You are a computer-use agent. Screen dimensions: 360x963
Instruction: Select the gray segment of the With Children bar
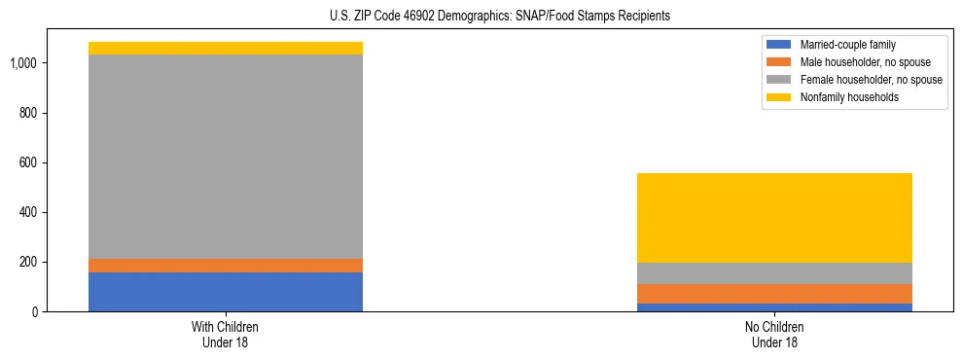click(226, 157)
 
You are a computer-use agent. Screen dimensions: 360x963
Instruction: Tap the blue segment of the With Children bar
click(226, 292)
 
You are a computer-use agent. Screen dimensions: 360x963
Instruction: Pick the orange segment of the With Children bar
click(226, 266)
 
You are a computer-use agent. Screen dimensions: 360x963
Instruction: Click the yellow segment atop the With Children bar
click(226, 48)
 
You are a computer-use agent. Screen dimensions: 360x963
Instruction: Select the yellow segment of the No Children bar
click(774, 218)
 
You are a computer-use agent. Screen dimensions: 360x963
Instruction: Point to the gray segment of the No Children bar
click(774, 273)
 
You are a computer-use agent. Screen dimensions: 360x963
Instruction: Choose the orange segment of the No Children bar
click(774, 294)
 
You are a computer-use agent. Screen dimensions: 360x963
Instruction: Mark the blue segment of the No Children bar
click(774, 307)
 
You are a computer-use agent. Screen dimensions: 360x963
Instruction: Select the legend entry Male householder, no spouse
click(855, 62)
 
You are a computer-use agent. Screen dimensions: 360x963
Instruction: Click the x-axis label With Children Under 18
click(226, 334)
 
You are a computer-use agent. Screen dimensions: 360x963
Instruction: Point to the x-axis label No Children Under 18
click(774, 334)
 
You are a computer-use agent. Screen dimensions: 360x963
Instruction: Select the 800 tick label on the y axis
click(28, 113)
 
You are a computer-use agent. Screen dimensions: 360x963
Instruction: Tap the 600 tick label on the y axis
click(28, 162)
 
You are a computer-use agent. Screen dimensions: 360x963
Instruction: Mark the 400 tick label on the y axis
click(28, 212)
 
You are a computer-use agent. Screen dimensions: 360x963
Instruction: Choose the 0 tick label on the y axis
click(34, 312)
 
